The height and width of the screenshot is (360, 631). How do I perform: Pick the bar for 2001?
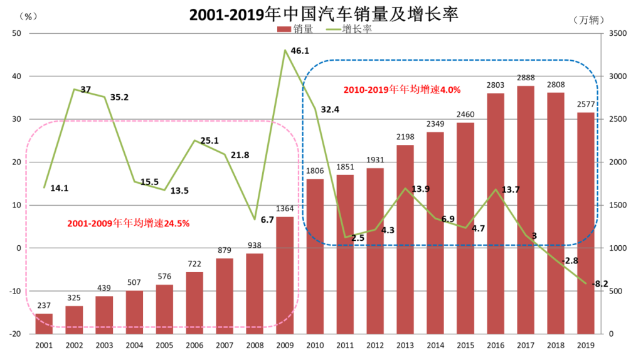pyautogui.click(x=44, y=324)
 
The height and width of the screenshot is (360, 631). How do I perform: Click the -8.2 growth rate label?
pyautogui.click(x=602, y=283)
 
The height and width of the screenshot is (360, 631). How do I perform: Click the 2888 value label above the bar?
pyautogui.click(x=525, y=78)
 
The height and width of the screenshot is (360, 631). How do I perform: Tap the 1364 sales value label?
pyautogui.click(x=285, y=209)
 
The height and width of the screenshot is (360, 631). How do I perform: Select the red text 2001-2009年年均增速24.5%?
pyautogui.click(x=128, y=223)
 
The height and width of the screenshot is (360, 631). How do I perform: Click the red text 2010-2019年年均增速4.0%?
pyautogui.click(x=402, y=90)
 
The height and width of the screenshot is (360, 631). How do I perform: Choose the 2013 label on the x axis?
pyautogui.click(x=405, y=345)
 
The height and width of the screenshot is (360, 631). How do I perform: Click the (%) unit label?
pyautogui.click(x=29, y=17)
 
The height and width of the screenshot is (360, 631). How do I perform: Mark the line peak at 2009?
pyautogui.click(x=285, y=50)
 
